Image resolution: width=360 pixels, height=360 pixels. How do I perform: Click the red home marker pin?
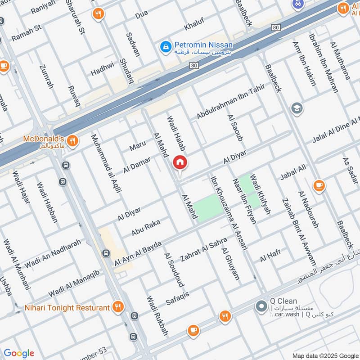point(180,162)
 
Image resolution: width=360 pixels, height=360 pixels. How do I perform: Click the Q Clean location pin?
point(261,307)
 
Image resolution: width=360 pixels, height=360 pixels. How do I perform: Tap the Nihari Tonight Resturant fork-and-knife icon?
point(118,307)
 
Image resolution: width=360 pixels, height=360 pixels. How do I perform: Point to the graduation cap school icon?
point(297,108)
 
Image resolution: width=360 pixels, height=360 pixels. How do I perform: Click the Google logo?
point(18,353)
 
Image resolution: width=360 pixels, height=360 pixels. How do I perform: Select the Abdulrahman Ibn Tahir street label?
point(231,102)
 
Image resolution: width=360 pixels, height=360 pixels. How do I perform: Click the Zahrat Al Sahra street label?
point(204,250)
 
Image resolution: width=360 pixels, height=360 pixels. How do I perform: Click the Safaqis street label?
point(178,298)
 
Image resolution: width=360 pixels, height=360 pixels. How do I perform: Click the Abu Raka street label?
point(146,229)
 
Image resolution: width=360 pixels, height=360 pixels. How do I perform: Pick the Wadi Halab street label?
point(176,134)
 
